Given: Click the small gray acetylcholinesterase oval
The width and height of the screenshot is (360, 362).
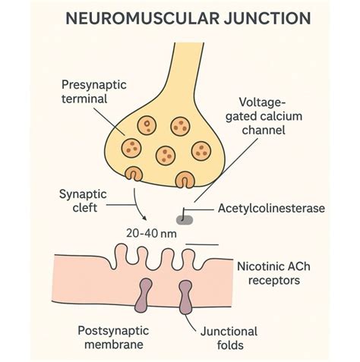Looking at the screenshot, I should click(185, 220).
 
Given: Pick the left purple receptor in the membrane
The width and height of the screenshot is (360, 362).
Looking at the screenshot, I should click(142, 297).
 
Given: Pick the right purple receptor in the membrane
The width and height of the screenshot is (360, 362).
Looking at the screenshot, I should click(185, 297).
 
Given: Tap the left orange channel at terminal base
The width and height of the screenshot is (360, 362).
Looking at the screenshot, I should click(134, 177).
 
